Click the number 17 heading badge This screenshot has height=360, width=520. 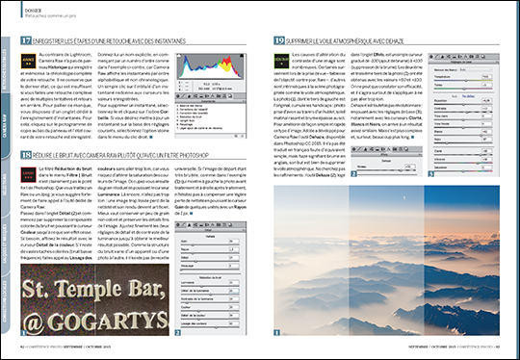click(24, 42)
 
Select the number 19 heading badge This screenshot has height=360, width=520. click(277, 42)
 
